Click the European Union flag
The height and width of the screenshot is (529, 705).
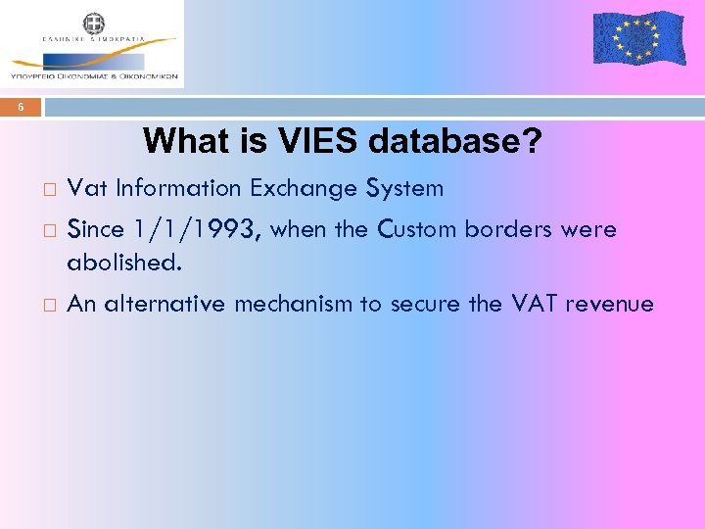point(639,38)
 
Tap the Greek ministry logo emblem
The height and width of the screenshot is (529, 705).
point(94,24)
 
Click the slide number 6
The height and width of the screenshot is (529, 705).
point(21,108)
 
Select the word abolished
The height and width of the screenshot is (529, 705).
point(124,263)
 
